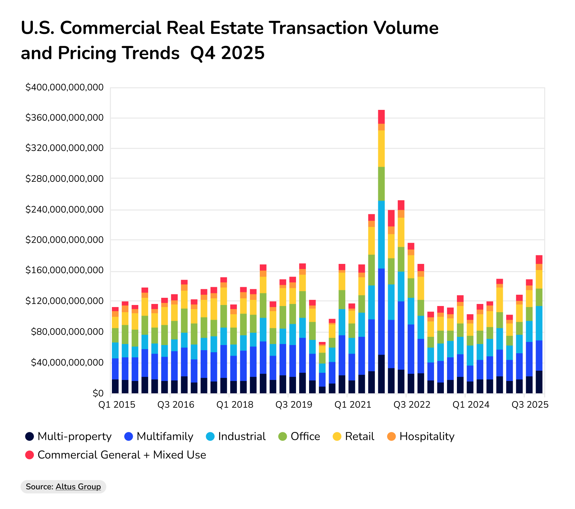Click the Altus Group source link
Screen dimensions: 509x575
78,486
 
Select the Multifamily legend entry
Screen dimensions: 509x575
165,436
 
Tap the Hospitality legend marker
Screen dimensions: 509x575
392,436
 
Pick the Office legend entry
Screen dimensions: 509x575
305,436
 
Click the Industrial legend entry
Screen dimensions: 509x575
242,436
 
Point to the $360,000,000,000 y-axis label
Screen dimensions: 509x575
64,118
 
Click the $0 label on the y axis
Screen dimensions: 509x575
98,393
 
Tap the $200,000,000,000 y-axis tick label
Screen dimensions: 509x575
64,240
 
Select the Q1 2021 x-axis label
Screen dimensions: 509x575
353,405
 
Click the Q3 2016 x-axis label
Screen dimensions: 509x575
176,405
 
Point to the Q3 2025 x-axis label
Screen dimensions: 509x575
529,405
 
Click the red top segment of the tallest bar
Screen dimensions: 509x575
381,117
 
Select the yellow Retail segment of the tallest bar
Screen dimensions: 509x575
381,149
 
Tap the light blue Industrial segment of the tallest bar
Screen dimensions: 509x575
381,234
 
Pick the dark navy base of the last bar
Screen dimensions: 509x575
539,382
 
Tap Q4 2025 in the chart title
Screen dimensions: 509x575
227,53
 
